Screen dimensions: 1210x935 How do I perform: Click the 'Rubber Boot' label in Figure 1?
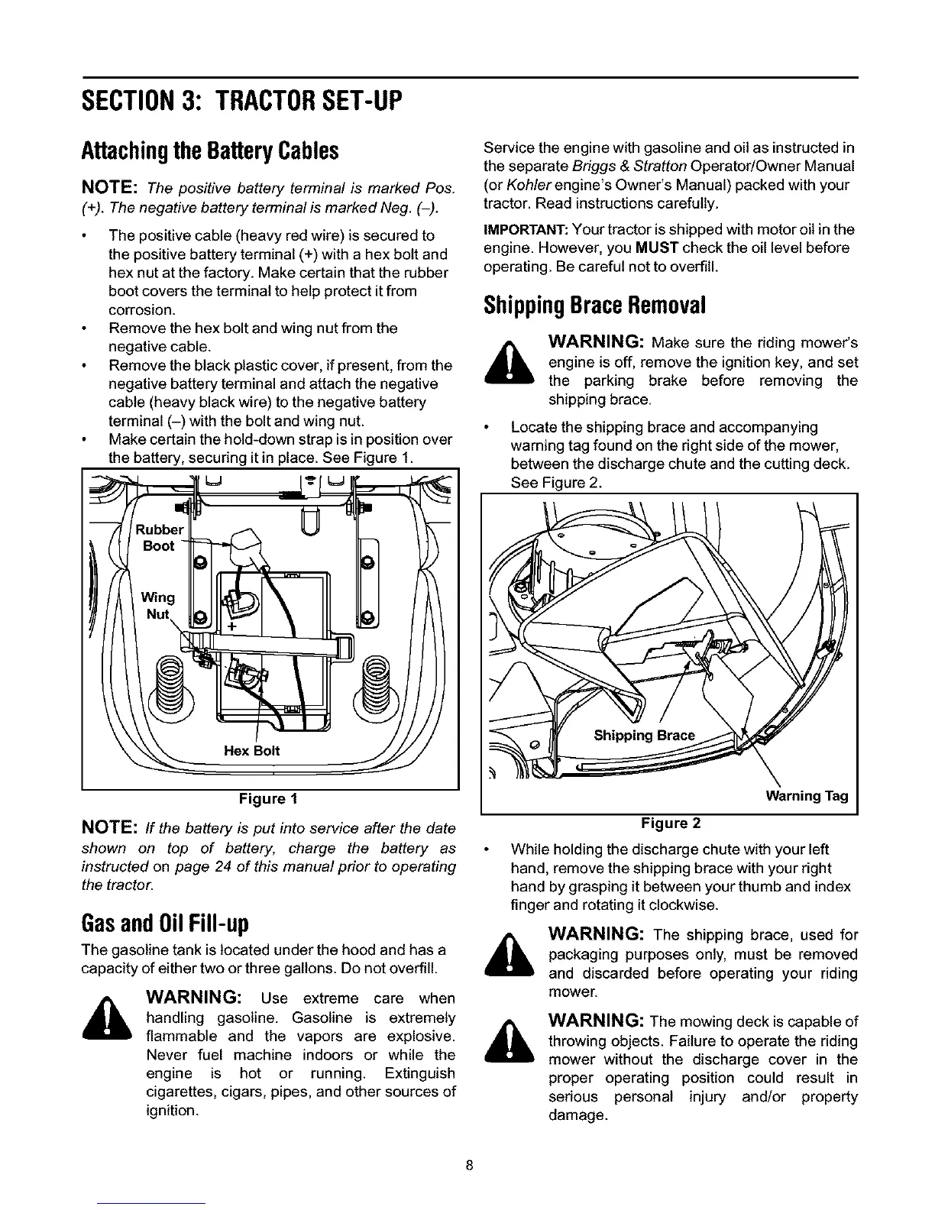click(x=160, y=538)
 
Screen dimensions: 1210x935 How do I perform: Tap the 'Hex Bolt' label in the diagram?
click(x=251, y=751)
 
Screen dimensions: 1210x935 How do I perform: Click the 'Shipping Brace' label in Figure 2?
click(x=644, y=736)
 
